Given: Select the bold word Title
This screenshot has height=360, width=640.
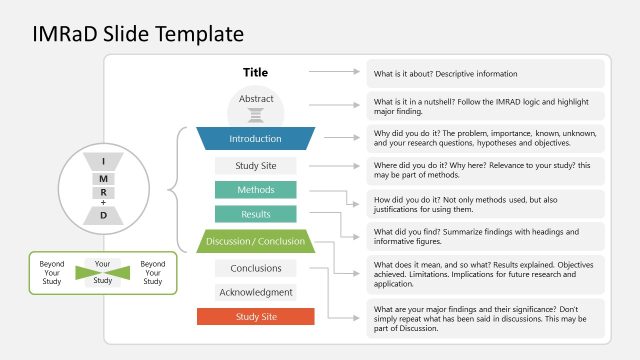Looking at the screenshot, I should pos(256,72).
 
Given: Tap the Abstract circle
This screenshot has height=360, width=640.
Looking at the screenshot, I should pos(256,105).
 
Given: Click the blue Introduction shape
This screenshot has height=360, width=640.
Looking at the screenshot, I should pos(256,139).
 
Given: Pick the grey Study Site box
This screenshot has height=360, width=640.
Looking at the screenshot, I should pos(255,165).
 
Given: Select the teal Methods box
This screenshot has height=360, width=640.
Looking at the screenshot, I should pos(255,190).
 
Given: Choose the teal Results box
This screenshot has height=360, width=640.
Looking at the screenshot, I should pos(255,214).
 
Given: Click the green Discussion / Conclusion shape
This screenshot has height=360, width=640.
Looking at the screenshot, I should pos(255,241).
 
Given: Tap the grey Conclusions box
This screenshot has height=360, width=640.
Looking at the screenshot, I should pos(255,268).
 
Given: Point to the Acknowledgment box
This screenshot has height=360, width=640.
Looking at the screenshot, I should pos(255,292).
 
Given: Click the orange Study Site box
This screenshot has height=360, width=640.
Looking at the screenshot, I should pos(255,317).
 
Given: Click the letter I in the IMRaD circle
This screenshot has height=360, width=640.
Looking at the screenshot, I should pos(103,161).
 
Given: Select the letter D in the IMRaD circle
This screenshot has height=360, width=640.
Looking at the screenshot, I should pos(103,214).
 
